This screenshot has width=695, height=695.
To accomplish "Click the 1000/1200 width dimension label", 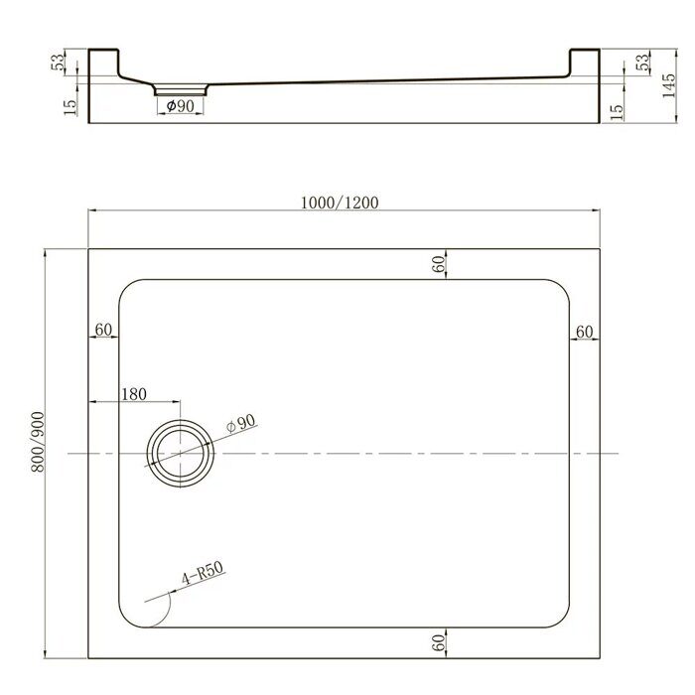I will pyautogui.click(x=339, y=202).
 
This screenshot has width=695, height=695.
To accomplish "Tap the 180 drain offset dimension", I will pyautogui.click(x=133, y=394).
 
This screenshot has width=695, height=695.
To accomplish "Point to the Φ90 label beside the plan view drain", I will pyautogui.click(x=241, y=424).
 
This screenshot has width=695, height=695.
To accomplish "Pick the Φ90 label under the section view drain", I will pyautogui.click(x=179, y=105).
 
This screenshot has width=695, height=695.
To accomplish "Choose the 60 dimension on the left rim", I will pyautogui.click(x=102, y=330).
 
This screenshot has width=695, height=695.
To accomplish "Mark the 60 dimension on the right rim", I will pyautogui.click(x=584, y=331).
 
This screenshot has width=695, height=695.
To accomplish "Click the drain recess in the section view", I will pyautogui.click(x=180, y=88).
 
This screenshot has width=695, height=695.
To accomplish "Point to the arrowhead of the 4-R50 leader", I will pyautogui.click(x=146, y=602).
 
